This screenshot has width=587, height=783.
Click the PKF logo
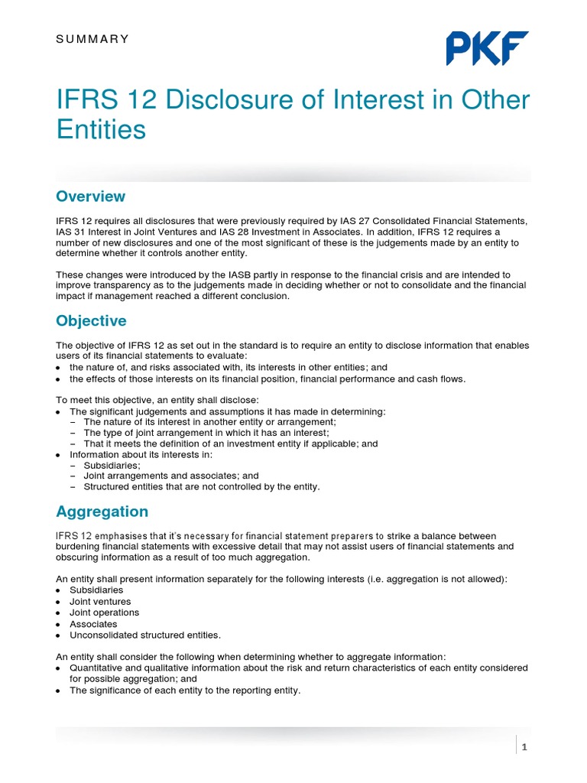tap(487, 48)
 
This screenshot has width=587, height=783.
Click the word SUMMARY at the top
tap(92, 39)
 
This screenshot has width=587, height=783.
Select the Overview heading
tap(90, 197)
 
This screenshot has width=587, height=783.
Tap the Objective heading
tap(91, 320)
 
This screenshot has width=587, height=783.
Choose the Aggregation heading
tap(102, 511)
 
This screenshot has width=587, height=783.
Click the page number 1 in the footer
tap(524, 747)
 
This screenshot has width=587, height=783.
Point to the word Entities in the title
tap(101, 129)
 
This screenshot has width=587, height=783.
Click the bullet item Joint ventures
tap(99, 601)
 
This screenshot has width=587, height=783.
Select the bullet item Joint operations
tap(104, 612)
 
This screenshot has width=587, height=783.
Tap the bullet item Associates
tap(93, 624)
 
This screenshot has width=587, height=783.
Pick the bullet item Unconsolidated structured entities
tap(144, 635)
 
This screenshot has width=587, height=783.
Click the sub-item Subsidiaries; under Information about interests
tap(112, 464)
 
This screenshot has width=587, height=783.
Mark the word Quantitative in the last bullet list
tap(96, 668)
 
